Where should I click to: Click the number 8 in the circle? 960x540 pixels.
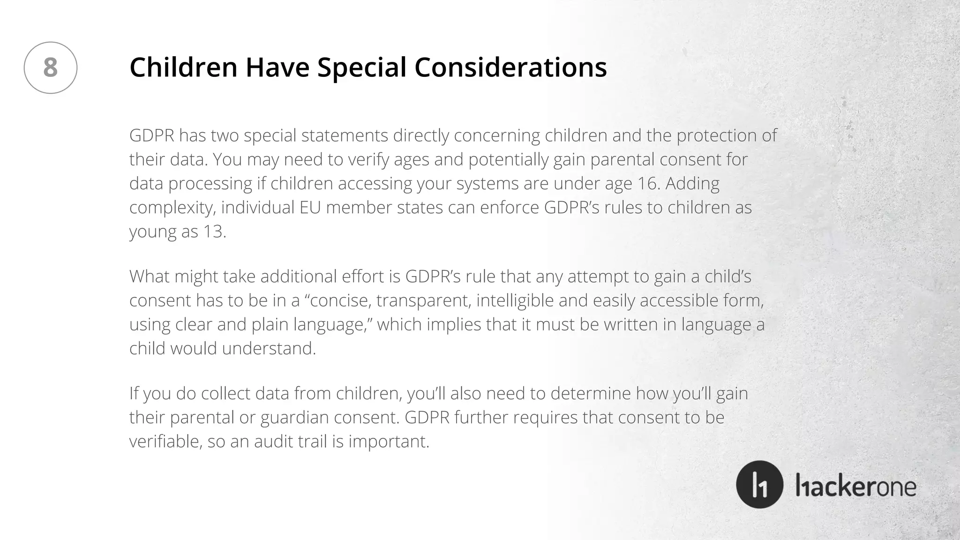[50, 67]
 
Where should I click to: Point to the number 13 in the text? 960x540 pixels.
[214, 232]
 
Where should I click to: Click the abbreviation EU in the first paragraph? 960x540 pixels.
[310, 207]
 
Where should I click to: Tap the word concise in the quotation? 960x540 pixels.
[341, 300]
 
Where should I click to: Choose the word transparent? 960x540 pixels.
[423, 300]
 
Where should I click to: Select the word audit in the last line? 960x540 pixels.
[273, 442]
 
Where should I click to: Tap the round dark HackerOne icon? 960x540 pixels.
[759, 484]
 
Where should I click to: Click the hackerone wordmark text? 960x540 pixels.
[856, 487]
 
